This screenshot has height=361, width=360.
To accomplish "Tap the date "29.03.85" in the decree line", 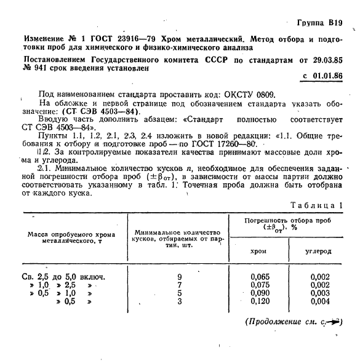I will (324, 61).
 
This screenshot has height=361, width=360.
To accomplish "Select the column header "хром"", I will (258, 251).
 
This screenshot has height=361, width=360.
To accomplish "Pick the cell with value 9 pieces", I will (179, 277).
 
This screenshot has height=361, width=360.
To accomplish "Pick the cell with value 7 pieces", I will (179, 285).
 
